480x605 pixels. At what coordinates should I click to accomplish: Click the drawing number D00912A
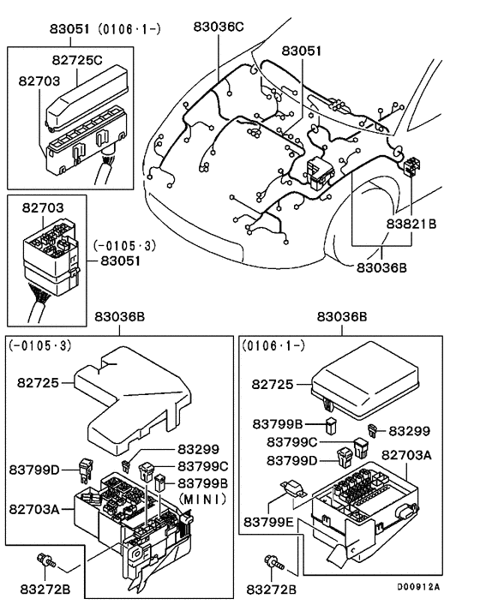pyautogui.click(x=417, y=587)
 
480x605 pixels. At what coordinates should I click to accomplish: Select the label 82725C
pyautogui.click(x=76, y=60)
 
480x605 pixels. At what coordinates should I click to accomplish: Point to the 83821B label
pyautogui.click(x=409, y=224)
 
